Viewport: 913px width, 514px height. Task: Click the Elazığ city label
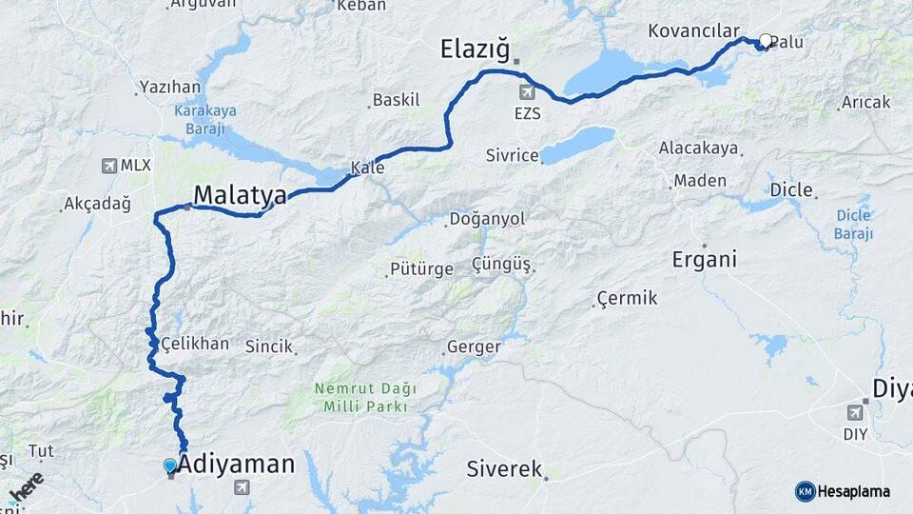476,49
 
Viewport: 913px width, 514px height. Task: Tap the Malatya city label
240,195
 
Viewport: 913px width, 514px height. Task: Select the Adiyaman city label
236,465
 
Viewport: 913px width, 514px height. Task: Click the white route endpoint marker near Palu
765,41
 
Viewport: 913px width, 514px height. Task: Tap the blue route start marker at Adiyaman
170,465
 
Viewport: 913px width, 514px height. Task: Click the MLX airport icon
109,166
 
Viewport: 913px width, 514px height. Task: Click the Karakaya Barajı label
205,116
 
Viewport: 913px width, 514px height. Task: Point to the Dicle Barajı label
853,224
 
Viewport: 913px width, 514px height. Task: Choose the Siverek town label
504,469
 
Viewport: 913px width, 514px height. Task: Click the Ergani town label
705,259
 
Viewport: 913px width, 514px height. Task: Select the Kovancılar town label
693,31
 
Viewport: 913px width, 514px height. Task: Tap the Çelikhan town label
194,344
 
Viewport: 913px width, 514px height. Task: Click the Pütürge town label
421,269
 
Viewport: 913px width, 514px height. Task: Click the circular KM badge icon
805,491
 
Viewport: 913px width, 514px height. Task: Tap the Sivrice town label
512,154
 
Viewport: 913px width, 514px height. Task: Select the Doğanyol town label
486,219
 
